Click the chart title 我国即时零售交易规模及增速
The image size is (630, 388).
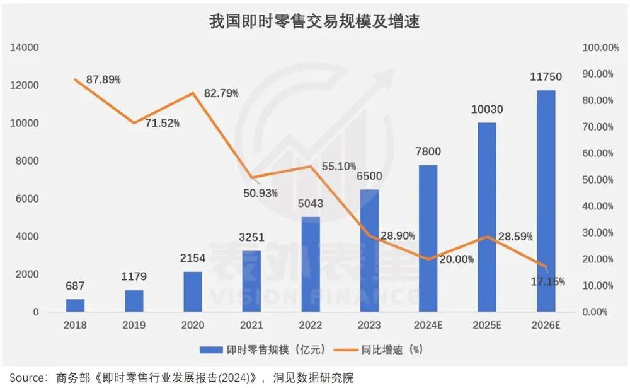[314, 22]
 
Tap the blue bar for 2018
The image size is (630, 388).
[76, 305]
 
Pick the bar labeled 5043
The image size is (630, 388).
[311, 264]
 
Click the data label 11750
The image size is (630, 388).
[546, 77]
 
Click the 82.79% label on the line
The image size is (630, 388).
[221, 93]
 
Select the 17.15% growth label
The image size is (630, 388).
[547, 281]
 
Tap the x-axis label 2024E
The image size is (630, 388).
[428, 326]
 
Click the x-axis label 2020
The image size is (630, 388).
[193, 326]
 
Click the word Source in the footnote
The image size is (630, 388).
[25, 378]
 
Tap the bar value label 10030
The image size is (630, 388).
[487, 109]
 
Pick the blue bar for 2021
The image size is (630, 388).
[252, 281]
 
